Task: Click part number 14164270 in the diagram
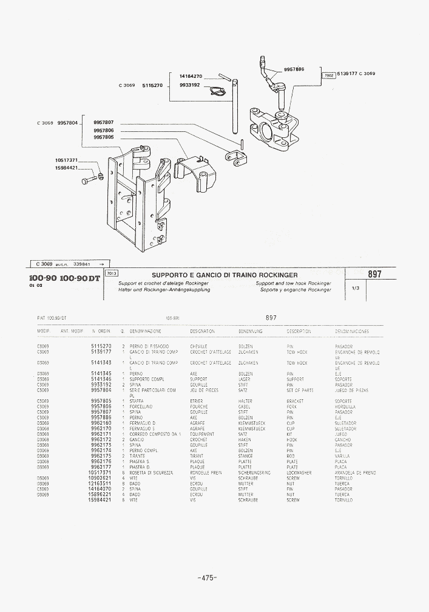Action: tap(191, 76)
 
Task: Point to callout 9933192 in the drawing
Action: tap(191, 86)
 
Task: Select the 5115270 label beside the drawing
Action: tap(152, 86)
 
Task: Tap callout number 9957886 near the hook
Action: tap(294, 69)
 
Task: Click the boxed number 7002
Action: tap(329, 75)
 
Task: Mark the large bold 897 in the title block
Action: tap(375, 275)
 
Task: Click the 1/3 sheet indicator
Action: tap(356, 289)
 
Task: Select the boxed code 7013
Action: tap(112, 273)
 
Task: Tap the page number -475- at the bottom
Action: tap(207, 578)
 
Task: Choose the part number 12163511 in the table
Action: tap(100, 483)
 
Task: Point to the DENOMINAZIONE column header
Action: tap(146, 331)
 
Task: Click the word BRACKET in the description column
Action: tap(295, 401)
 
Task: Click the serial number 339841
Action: tap(81, 264)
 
